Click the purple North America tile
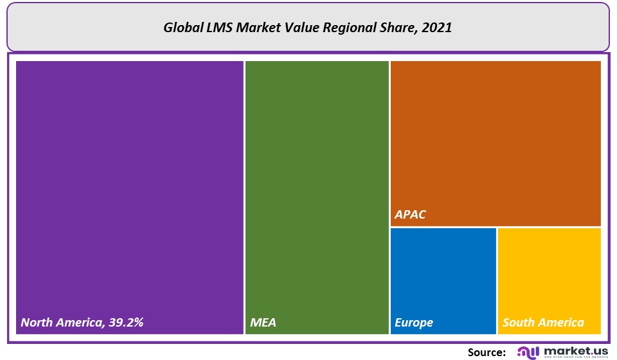tap(129, 193)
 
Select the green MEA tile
tap(317, 193)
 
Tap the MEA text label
tap(263, 323)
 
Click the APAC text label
tap(410, 215)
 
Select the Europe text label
tap(414, 323)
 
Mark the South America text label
tap(543, 323)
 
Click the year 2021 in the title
tap(438, 28)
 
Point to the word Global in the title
tap(182, 28)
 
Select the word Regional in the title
tap(353, 28)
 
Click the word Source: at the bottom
tap(487, 352)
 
